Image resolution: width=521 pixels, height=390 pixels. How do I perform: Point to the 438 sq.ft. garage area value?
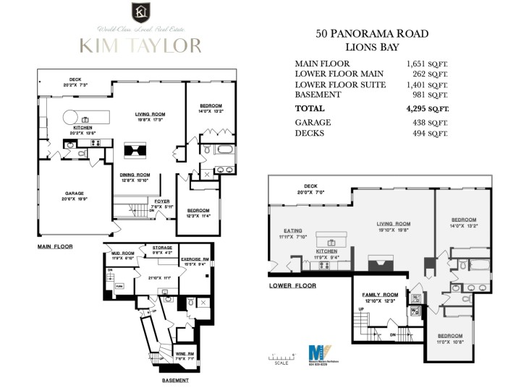click(x=427, y=123)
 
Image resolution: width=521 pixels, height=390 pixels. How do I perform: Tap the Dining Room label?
click(x=135, y=175)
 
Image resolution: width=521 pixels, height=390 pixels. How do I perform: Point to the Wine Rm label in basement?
click(x=185, y=353)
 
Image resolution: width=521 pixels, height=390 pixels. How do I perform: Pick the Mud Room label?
click(x=123, y=253)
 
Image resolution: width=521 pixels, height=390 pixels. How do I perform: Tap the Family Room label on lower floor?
click(x=381, y=295)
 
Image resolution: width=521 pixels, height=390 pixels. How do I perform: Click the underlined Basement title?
click(x=175, y=381)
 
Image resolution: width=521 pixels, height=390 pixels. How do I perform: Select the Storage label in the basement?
click(x=161, y=248)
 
